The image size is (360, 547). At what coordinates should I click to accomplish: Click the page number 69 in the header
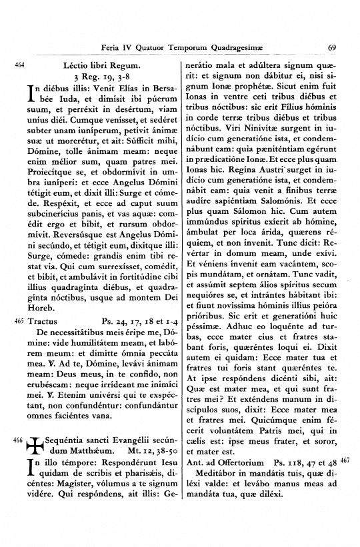[x=332, y=47]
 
